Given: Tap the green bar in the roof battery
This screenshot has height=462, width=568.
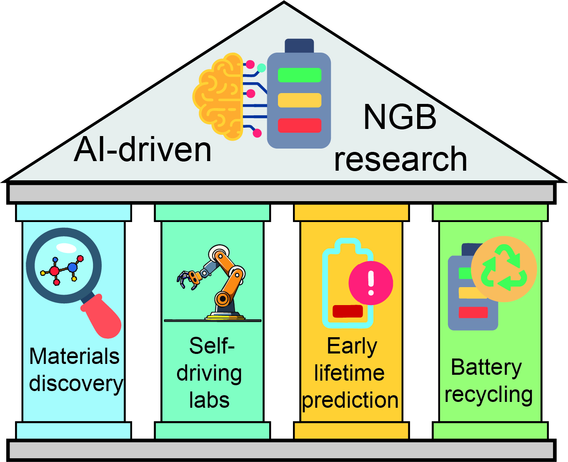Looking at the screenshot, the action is [x=300, y=75].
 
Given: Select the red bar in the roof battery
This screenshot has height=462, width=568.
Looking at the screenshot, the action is [x=300, y=125].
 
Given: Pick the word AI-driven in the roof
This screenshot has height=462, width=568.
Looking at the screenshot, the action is [x=143, y=149].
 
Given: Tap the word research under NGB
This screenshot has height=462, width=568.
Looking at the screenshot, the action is [x=400, y=159].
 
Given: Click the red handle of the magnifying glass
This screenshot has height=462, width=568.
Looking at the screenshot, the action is [x=102, y=316].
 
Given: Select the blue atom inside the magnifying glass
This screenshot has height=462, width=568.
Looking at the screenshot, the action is [x=72, y=267].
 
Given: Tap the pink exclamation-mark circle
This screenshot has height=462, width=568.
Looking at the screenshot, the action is [x=370, y=283].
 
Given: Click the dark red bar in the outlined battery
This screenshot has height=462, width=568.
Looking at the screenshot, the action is [x=348, y=311].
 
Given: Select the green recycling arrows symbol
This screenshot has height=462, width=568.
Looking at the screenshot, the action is [x=504, y=268].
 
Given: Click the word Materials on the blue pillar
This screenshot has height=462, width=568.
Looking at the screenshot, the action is [x=74, y=356].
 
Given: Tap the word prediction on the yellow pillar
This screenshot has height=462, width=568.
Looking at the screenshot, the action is [x=350, y=401].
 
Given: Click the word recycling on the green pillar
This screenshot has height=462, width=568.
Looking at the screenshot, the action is [x=488, y=395].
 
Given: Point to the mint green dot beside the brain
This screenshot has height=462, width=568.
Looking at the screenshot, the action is [x=261, y=68].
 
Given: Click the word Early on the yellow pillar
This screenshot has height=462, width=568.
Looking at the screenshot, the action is [x=352, y=347].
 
